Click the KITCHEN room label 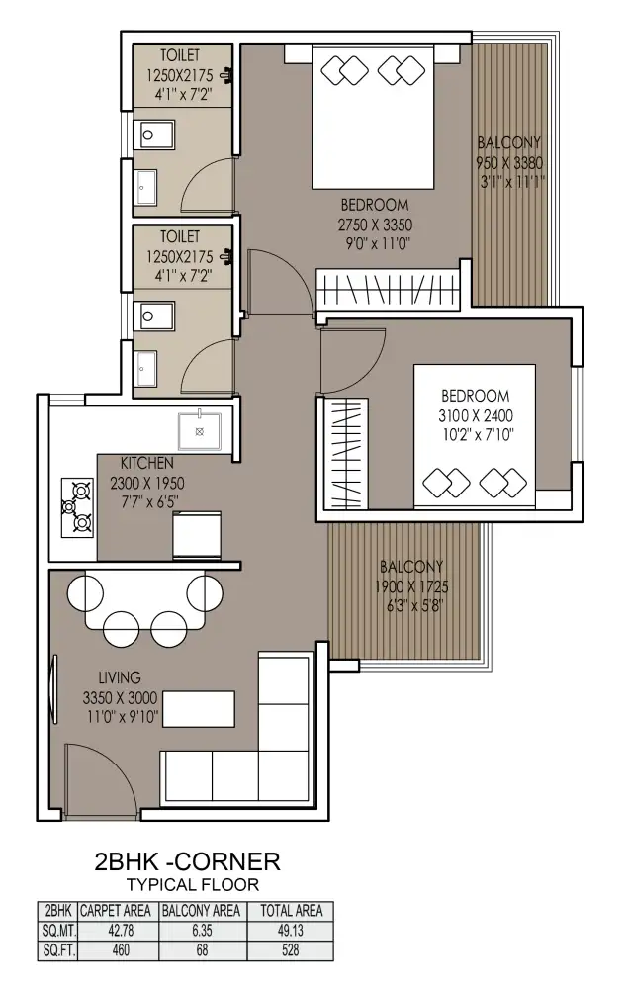[147, 463]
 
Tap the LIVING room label [120, 678]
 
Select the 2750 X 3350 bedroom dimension [375, 225]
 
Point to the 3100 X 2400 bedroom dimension [476, 415]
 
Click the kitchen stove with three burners [77, 507]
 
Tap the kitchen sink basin [200, 431]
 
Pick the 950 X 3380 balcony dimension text [509, 163]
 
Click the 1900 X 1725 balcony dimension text [412, 586]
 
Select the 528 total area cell [291, 949]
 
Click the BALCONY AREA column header [201, 911]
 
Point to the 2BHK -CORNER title [187, 861]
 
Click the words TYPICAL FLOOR [193, 885]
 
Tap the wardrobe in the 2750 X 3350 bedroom [388, 289]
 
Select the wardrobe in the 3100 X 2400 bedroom [346, 454]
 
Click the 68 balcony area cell [202, 949]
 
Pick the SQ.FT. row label [58, 949]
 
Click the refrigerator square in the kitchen [197, 535]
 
